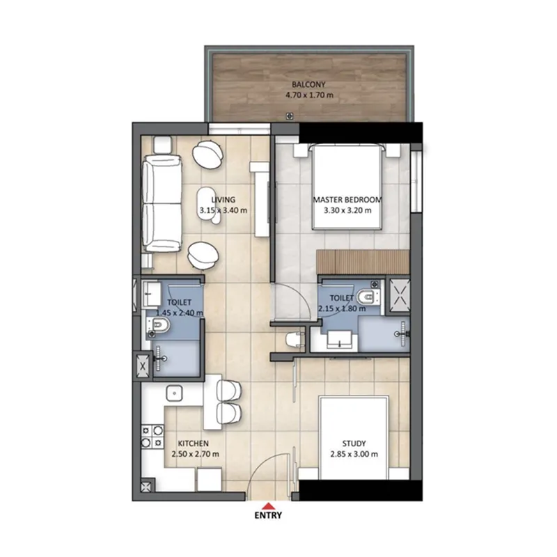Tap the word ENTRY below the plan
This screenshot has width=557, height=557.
tap(267, 517)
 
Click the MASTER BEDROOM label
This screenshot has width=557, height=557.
tap(347, 199)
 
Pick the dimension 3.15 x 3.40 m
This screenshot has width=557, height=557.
tap(223, 210)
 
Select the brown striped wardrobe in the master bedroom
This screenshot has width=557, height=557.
tap(361, 262)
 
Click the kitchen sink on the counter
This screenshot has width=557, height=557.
tap(173, 394)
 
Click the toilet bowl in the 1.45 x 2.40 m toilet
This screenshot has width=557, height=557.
tap(159, 327)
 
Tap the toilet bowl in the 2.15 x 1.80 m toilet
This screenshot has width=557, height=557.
tap(368, 297)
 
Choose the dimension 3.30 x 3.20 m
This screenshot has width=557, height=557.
tap(347, 210)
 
